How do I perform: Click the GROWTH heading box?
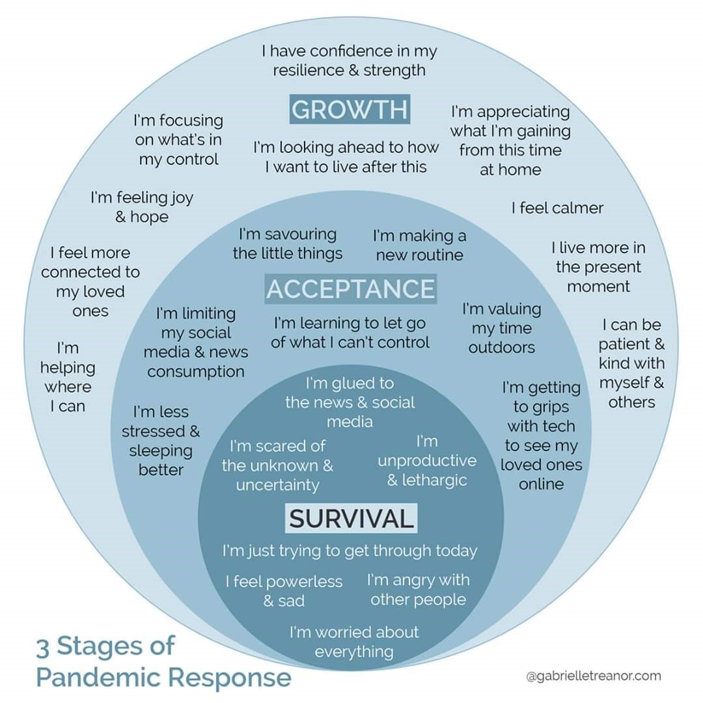coord(350,109)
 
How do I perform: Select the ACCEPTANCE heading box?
coord(350,289)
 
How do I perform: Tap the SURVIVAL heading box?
coord(351,519)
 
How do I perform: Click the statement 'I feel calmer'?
coord(557,208)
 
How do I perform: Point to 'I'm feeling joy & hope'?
coord(142,207)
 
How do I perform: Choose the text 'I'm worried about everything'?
coord(354,642)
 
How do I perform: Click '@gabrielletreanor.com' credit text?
coord(593,676)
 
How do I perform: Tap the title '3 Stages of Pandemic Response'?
coord(163,661)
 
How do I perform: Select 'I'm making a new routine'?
coord(419,245)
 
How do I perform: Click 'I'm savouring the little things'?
coord(288,243)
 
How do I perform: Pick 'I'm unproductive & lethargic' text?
coord(427,461)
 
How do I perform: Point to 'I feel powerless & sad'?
coord(284,591)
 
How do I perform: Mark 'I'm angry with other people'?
coord(418,590)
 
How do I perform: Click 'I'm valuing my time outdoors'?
coord(501,328)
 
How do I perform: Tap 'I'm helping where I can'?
coord(68,378)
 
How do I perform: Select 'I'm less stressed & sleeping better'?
coord(161,441)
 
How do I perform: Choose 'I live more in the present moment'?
coord(598,267)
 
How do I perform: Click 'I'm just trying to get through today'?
coord(350,551)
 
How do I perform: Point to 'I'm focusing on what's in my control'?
coord(178,140)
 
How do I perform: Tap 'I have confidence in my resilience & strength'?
coord(350,61)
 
